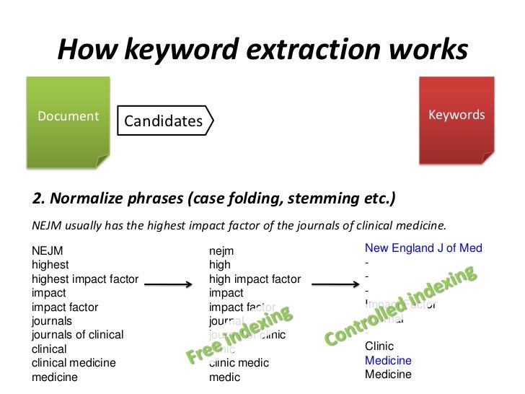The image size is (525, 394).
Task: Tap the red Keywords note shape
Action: coord(456,123)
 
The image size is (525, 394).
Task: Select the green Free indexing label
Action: coord(239,335)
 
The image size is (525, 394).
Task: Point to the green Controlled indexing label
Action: coord(401,306)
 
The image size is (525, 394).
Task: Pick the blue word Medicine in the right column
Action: coord(388,360)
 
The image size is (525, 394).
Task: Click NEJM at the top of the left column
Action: coord(48,251)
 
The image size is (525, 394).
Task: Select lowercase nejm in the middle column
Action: coord(221,251)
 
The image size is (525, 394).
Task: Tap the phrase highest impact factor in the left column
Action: coord(85,279)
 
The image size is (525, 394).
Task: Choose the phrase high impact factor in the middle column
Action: coord(255,279)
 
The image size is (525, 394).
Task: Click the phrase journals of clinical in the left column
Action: coord(77,334)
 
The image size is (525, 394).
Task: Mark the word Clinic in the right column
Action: coord(379,346)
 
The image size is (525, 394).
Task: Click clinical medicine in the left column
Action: coord(74,362)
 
